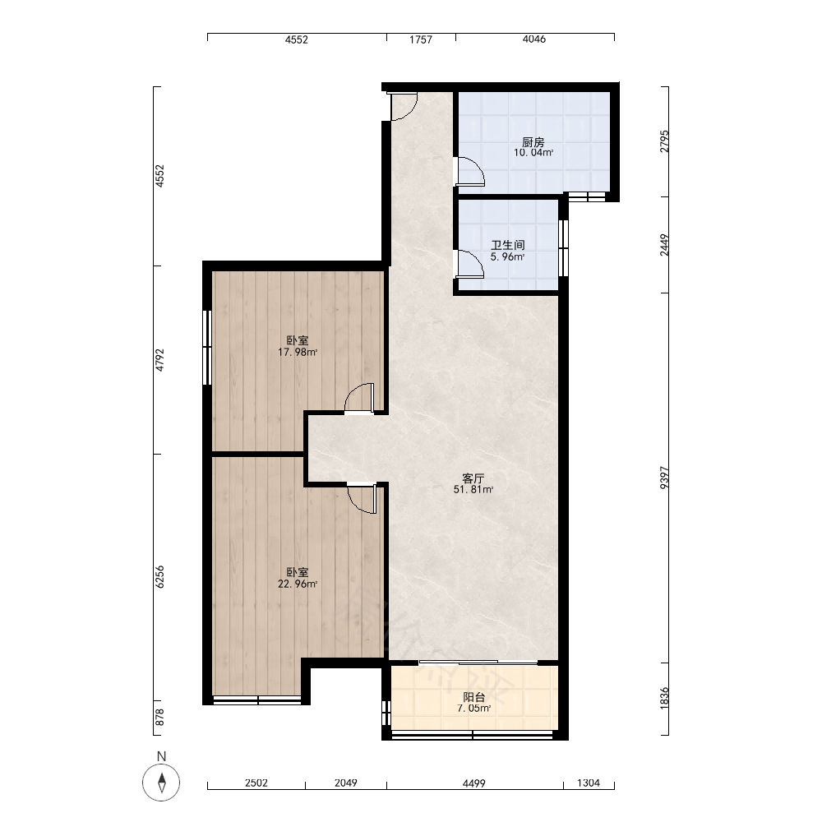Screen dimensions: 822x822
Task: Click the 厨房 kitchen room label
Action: coord(533,142)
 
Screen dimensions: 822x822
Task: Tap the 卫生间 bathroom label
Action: coord(507,245)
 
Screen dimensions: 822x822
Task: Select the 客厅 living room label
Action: coord(473,478)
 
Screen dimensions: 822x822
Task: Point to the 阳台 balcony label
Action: coord(474,697)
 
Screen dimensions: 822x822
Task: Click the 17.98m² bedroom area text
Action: coord(298,353)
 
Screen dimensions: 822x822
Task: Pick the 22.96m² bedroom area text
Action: coord(298,584)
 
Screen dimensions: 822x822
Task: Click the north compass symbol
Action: coord(161,783)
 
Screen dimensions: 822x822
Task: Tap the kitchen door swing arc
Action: coord(471,172)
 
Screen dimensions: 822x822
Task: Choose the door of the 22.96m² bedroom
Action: coord(362,497)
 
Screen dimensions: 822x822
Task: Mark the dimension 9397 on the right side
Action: coord(664,478)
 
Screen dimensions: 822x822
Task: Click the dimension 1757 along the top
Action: coord(421,39)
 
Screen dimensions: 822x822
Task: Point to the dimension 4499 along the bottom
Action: coord(474,783)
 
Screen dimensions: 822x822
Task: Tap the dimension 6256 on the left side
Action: coord(160,577)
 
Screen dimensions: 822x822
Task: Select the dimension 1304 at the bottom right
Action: coord(589,783)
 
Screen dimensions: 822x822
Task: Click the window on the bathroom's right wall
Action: coord(564,247)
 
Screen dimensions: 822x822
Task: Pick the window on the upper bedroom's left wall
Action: coord(207,347)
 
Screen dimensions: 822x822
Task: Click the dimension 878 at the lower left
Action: coord(160,717)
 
